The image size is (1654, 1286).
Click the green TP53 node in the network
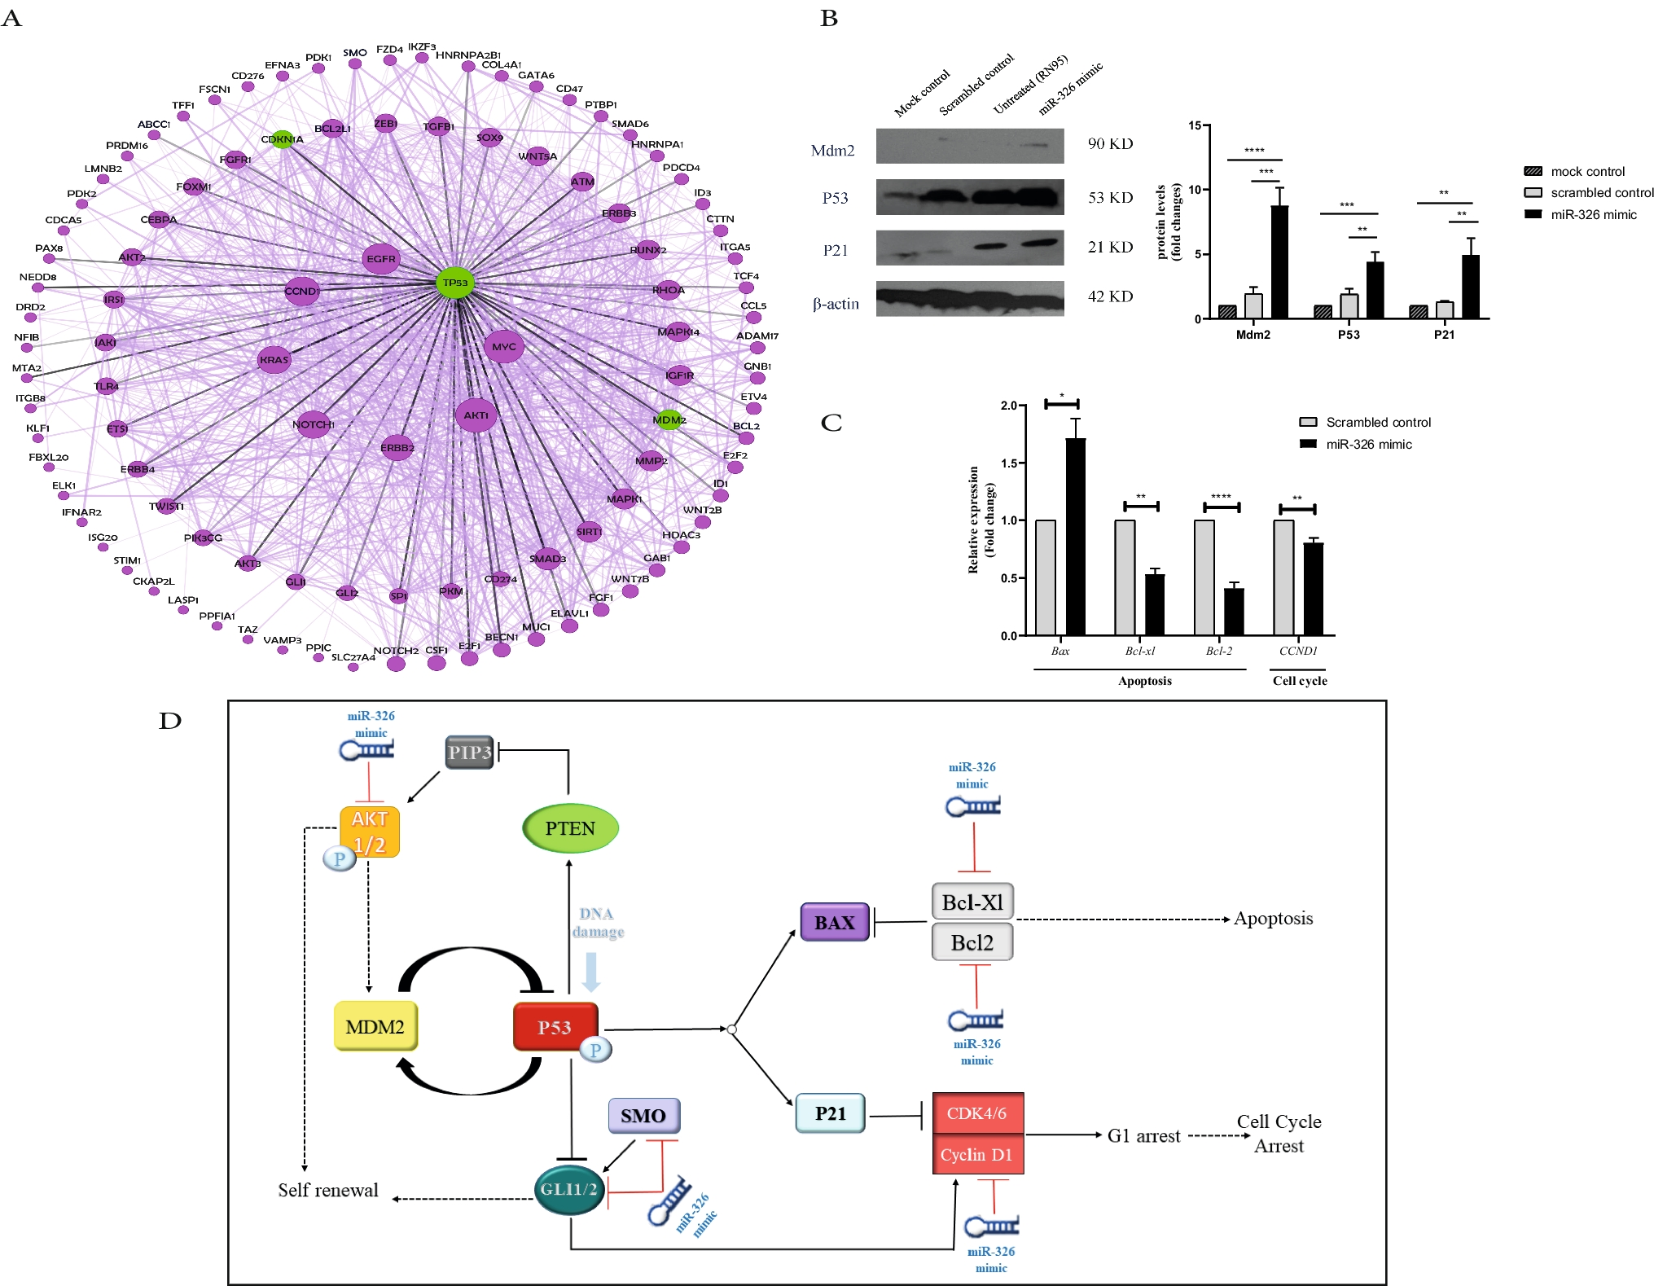coord(455,283)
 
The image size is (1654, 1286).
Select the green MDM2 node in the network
coord(669,419)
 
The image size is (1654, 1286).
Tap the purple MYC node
coord(503,346)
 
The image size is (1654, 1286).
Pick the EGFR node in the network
coord(380,259)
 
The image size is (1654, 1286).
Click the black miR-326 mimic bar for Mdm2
coord(1279,262)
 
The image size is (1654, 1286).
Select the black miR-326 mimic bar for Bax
coord(1075,537)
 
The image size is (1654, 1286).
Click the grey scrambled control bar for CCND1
coord(1283,577)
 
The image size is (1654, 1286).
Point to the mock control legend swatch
coord(1533,171)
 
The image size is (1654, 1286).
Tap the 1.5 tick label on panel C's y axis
coord(1009,463)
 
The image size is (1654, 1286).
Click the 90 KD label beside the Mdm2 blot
coord(1110,144)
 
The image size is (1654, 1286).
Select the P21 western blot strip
coord(969,248)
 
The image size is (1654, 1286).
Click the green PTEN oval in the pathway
coord(570,828)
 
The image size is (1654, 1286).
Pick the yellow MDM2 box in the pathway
coord(375,1026)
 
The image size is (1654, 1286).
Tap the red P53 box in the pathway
coord(555,1027)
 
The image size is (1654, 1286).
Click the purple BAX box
coord(835,923)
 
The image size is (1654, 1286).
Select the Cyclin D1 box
coord(977,1154)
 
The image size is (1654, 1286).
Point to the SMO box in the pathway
coord(643,1115)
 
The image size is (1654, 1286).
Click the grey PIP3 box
coord(470,753)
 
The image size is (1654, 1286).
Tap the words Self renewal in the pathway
coord(328,1190)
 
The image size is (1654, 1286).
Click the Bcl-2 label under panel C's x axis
coord(1218,651)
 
